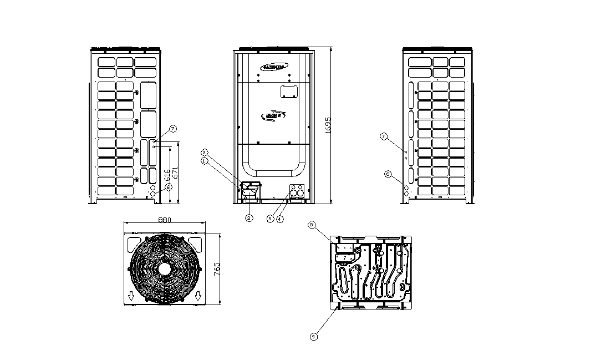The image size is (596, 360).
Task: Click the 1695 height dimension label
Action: [x=328, y=125]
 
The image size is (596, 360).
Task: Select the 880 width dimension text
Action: [x=164, y=220]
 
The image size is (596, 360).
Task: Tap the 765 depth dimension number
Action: [x=217, y=268]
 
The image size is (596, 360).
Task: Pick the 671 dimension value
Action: [x=175, y=172]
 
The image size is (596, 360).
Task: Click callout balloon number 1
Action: [x=205, y=161]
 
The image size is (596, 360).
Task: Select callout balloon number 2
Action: [x=205, y=152]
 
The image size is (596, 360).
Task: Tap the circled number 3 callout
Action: [x=249, y=219]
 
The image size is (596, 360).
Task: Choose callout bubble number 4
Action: [x=280, y=219]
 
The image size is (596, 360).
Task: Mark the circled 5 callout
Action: [x=270, y=219]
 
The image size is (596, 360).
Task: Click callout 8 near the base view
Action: [x=312, y=225]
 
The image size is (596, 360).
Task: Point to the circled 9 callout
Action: [x=314, y=336]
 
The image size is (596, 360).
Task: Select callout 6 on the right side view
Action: [x=389, y=174]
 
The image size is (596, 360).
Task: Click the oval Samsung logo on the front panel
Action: [x=273, y=67]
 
